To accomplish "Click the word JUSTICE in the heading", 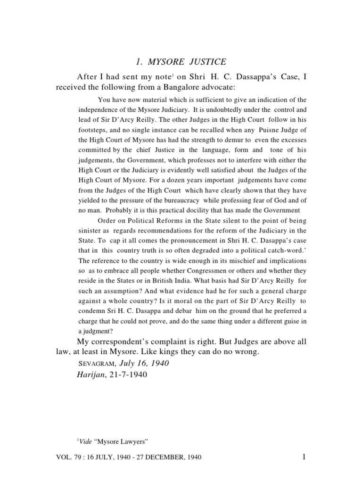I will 204,62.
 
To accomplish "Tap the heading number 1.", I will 139,62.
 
